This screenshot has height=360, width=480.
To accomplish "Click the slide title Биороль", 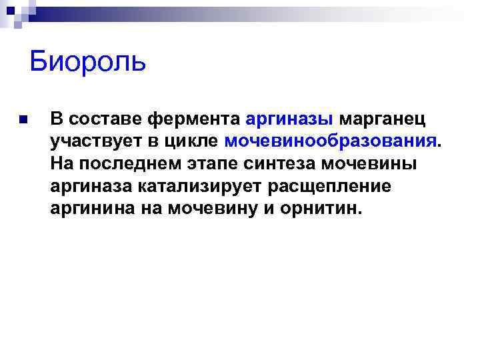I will point(87,63).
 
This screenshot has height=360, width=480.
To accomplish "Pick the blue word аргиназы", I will point(290,119).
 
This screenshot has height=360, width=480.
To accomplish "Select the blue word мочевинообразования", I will point(330,141).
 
